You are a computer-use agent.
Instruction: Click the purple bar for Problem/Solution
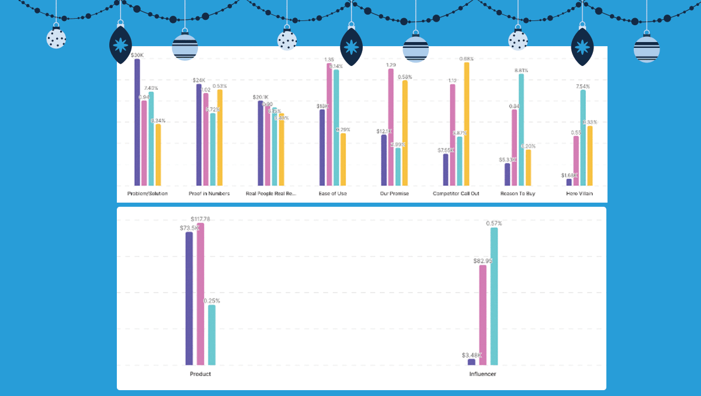click(x=137, y=123)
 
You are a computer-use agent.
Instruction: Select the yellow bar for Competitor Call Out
click(x=467, y=124)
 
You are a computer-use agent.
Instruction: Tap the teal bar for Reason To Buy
click(x=521, y=130)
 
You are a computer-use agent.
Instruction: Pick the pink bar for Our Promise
click(x=391, y=127)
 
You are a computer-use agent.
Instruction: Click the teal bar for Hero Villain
click(x=583, y=138)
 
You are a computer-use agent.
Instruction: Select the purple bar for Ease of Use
click(x=322, y=147)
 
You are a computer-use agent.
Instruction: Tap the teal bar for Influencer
click(x=494, y=296)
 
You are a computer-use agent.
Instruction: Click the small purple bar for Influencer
click(x=471, y=362)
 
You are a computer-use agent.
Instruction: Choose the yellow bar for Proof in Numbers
click(x=220, y=138)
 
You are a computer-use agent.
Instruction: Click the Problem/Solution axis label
click(x=147, y=193)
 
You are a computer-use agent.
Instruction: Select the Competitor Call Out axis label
click(x=456, y=193)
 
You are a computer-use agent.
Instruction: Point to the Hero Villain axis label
click(x=579, y=193)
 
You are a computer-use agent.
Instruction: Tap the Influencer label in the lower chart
click(x=483, y=374)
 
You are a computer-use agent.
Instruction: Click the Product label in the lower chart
click(x=200, y=374)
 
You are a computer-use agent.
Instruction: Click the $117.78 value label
click(x=200, y=219)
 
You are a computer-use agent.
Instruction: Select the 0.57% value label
click(x=494, y=223)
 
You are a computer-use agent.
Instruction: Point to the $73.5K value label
click(x=189, y=228)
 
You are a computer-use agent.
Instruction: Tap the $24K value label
click(x=199, y=80)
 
